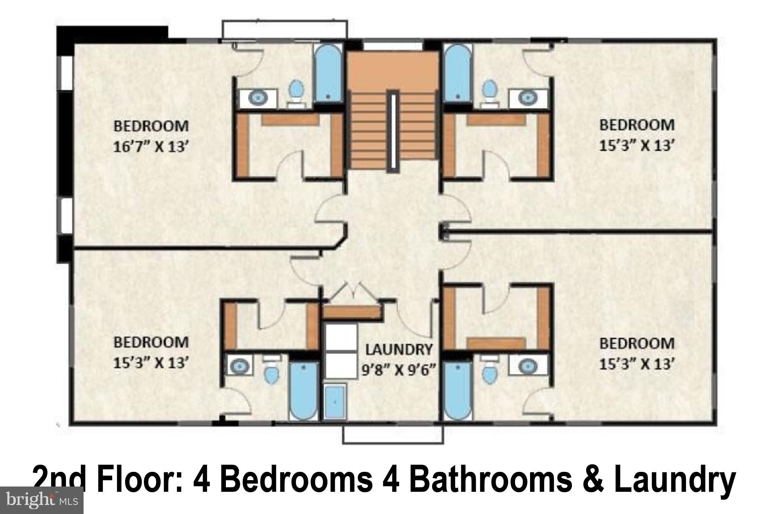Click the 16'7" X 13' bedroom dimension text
151,147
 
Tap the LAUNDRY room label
399,350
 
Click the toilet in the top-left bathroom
297,91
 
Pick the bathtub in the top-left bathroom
328,73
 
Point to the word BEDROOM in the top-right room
637,125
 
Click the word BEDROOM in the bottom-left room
151,342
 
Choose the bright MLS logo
41,500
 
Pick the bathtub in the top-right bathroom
457,73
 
